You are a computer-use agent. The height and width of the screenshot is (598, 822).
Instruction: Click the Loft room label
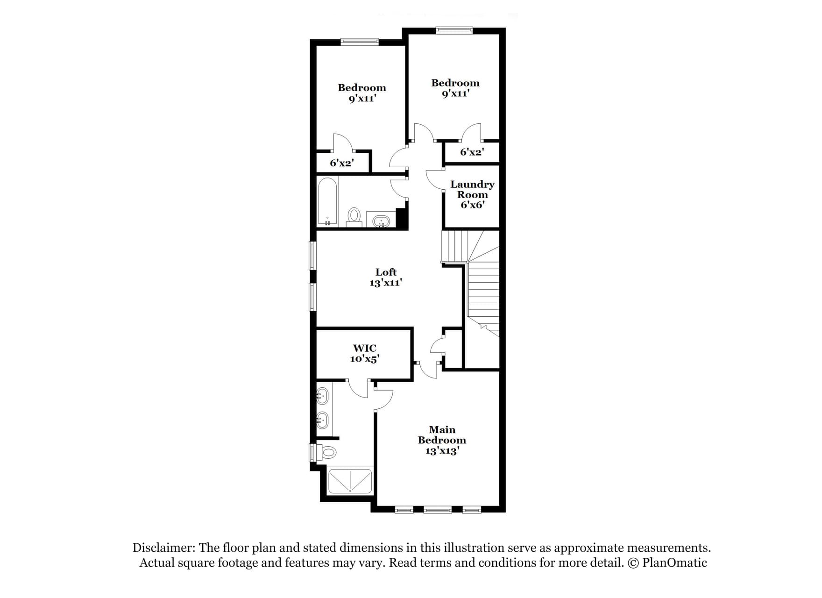coord(386,272)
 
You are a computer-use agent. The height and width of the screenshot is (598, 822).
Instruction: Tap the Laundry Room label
coord(472,190)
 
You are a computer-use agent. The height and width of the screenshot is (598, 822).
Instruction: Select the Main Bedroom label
coord(442,435)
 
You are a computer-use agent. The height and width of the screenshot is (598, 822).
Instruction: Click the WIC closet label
coord(365,348)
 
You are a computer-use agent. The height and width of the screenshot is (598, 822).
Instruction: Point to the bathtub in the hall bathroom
coord(327,201)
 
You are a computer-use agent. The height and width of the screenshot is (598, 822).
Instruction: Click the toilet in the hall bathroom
coord(354,216)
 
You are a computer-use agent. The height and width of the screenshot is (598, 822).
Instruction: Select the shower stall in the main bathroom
coord(350,481)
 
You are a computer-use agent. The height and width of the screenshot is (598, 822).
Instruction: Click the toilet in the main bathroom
coord(328,452)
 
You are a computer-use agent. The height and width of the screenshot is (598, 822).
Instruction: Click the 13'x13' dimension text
coord(442,451)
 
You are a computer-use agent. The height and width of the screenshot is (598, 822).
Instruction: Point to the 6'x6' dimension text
coord(472,205)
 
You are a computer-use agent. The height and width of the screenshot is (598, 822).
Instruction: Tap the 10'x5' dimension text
coord(365,359)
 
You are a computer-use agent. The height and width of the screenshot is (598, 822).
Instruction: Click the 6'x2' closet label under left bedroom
coord(342,164)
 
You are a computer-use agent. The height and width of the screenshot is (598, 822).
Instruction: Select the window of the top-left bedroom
coord(359,42)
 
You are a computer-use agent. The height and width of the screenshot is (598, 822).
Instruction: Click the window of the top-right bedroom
coord(454,31)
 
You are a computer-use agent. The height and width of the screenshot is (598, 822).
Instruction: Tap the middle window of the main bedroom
coord(438,510)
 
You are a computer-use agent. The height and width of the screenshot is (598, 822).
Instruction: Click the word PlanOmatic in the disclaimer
coord(674,562)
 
